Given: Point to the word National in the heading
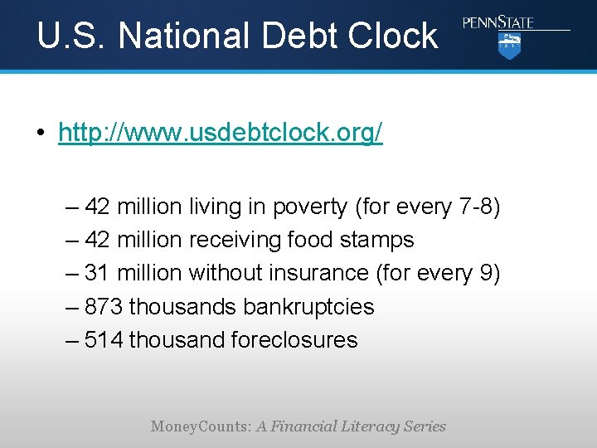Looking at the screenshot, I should [x=182, y=36].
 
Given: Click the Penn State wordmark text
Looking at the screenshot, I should [x=498, y=22].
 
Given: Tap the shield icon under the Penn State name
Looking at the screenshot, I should [x=508, y=46].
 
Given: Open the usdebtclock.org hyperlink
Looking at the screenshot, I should [x=221, y=133].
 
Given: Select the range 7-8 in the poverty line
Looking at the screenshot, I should [x=475, y=207].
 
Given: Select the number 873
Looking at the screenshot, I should [x=104, y=306].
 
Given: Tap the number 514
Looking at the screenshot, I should [x=104, y=339].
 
